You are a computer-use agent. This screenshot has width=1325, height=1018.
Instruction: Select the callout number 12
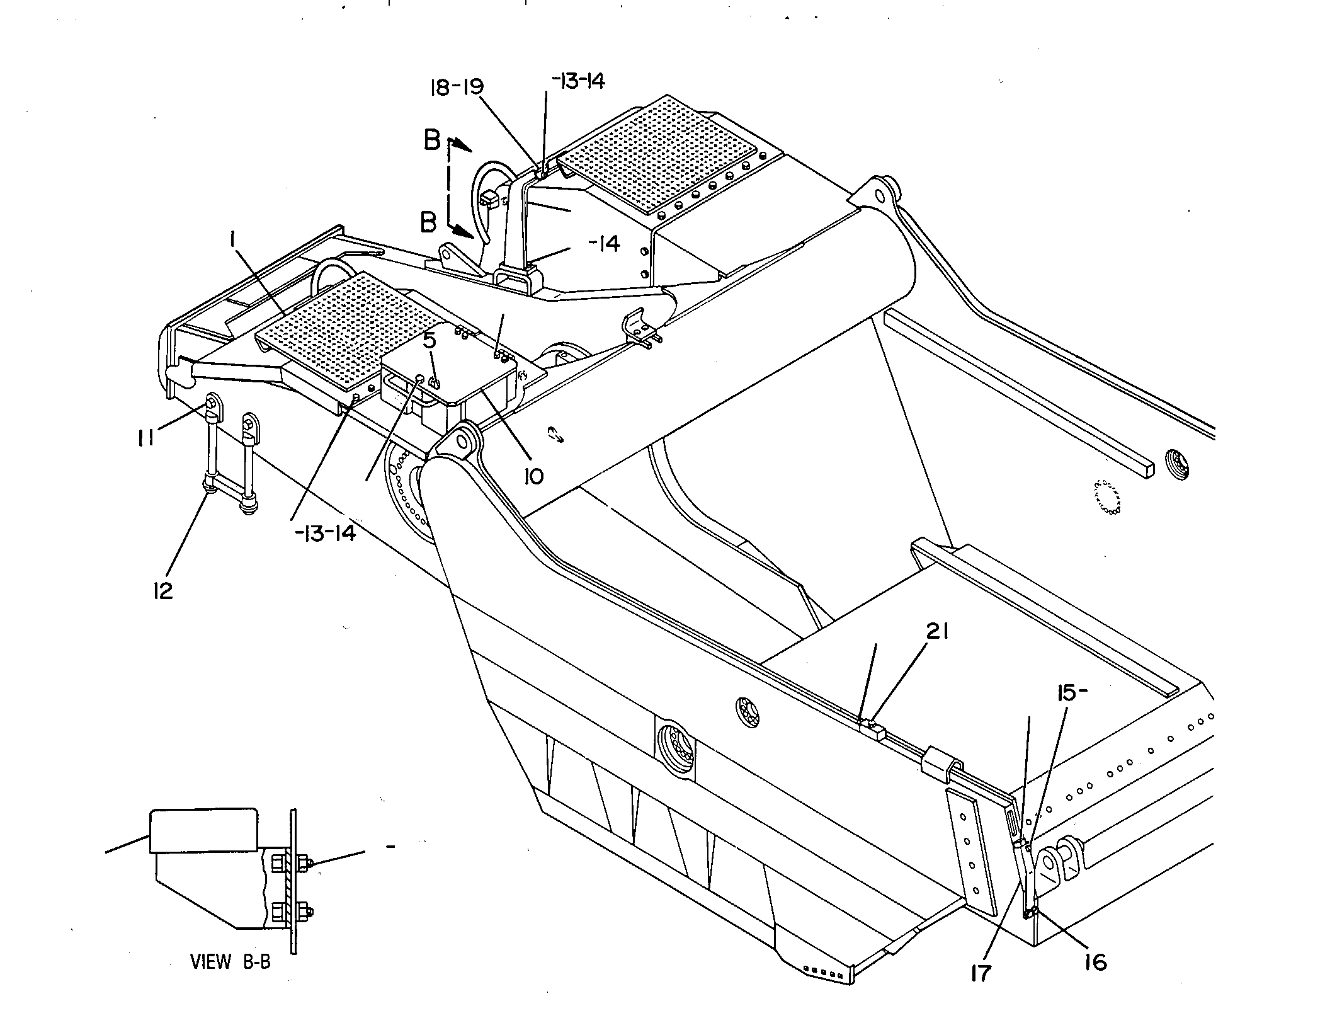click(162, 590)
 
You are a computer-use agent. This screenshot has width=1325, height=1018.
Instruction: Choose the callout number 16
click(1095, 962)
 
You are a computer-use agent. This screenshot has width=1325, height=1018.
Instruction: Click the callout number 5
click(429, 341)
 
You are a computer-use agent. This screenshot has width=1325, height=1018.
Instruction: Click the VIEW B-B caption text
click(230, 962)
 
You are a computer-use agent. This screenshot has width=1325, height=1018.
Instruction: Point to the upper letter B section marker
click(432, 140)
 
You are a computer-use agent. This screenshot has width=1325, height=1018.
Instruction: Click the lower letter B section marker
click(428, 222)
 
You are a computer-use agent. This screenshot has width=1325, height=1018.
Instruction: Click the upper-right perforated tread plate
click(657, 154)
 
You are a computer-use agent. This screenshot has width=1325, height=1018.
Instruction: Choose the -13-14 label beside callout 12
click(325, 533)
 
